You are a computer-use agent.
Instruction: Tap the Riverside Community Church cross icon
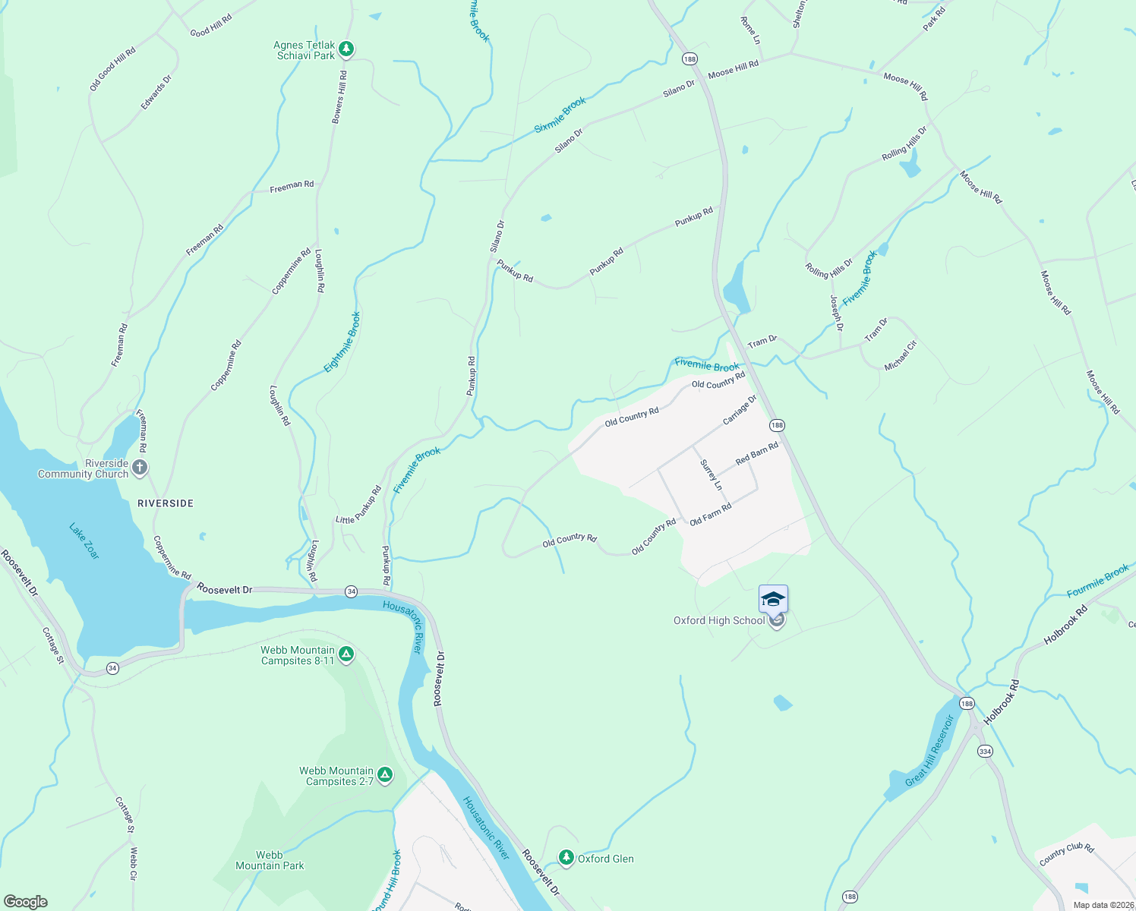(x=139, y=468)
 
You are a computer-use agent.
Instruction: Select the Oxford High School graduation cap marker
(x=773, y=600)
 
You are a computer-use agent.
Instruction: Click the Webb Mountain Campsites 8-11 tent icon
(x=346, y=654)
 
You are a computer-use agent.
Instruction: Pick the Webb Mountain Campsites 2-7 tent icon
(x=385, y=775)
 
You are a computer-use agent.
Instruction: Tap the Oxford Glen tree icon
(x=566, y=858)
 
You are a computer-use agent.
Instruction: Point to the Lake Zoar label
(x=84, y=541)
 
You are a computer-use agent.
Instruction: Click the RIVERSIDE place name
(x=166, y=503)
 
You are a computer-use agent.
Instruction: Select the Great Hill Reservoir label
(x=929, y=751)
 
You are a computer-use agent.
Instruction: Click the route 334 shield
(x=985, y=751)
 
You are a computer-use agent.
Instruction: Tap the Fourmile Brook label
(x=1097, y=582)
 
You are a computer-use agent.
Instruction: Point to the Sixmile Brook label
(x=560, y=115)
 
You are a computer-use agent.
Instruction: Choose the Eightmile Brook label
(x=342, y=342)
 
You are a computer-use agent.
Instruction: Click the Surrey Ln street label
(x=712, y=475)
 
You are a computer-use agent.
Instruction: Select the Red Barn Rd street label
(x=757, y=454)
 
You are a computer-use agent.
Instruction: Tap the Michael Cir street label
(x=901, y=355)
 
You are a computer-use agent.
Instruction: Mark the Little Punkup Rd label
(x=358, y=505)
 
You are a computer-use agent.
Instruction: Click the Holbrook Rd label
(x=1065, y=625)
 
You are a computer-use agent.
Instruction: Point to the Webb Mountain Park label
(x=270, y=860)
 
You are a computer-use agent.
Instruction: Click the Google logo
(x=26, y=901)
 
